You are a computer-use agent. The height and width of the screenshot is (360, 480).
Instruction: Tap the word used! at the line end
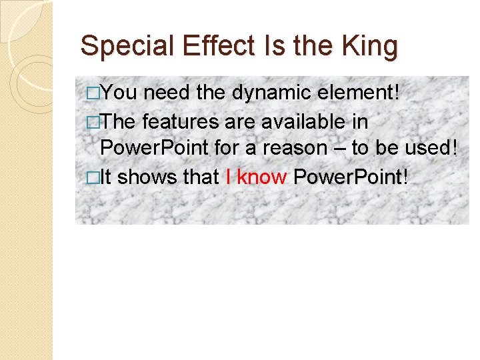(x=433, y=148)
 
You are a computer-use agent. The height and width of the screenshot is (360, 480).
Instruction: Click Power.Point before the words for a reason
(x=154, y=148)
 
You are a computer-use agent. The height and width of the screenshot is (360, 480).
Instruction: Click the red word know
(x=262, y=177)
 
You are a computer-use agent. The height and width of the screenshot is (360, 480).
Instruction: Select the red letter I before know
(x=229, y=177)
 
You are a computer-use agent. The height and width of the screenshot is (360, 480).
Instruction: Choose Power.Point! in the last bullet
(x=350, y=177)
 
